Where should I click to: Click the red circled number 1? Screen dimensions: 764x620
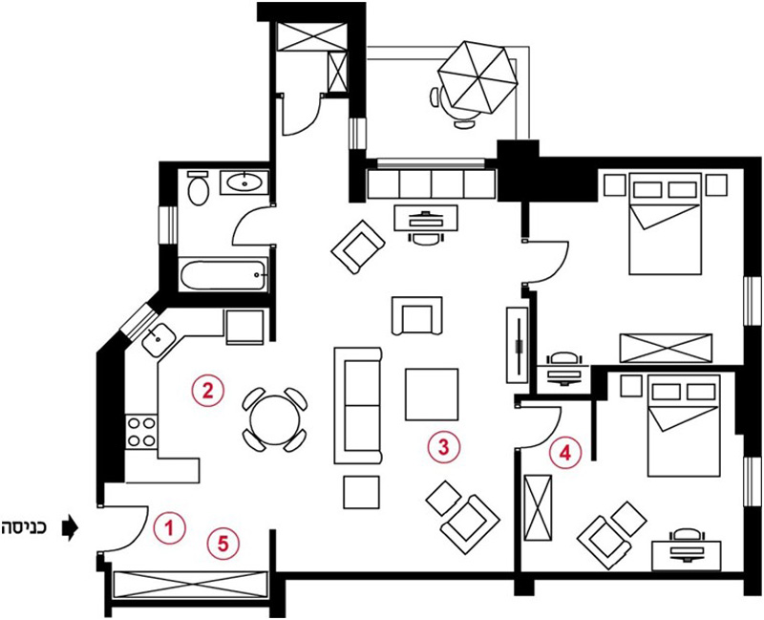click(x=169, y=527)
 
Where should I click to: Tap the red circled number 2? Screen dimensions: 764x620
click(x=208, y=391)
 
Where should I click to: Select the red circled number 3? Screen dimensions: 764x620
click(x=443, y=447)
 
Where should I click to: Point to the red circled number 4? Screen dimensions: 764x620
click(x=565, y=454)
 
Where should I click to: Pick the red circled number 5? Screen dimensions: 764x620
click(x=223, y=544)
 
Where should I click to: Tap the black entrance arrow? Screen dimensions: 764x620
click(x=70, y=527)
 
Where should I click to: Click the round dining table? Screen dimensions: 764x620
click(x=275, y=419)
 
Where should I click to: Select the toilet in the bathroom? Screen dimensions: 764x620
click(x=198, y=188)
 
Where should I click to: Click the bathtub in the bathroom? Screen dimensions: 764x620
click(x=223, y=275)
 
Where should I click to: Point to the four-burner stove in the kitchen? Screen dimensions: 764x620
click(x=141, y=432)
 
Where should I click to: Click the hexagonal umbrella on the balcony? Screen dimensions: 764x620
click(x=477, y=77)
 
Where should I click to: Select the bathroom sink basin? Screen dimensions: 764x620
click(x=244, y=182)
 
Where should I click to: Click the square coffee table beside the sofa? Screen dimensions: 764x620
click(x=432, y=395)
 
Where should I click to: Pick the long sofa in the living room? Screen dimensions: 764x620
click(x=358, y=405)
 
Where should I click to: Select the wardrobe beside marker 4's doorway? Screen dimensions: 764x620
click(x=538, y=507)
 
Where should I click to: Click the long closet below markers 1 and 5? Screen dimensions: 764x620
click(x=190, y=585)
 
